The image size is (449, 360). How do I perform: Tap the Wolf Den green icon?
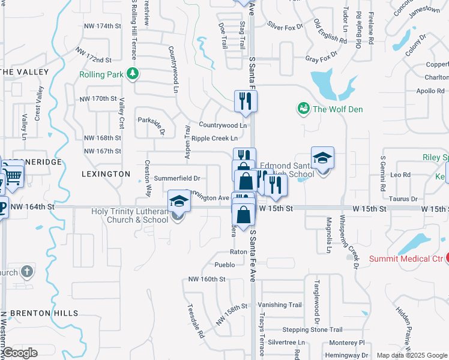point(304,109)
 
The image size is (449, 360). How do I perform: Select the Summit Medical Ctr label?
point(405,259)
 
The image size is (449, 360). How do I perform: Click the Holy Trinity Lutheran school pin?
point(179,202)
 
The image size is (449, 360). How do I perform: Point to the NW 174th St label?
point(104,26)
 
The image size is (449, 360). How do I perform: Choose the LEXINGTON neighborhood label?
point(106,173)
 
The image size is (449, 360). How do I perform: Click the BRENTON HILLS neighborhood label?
point(44,313)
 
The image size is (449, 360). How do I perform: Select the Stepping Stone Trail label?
point(312,329)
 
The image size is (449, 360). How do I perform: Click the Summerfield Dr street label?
point(177,178)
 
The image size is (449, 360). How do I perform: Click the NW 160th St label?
point(206,279)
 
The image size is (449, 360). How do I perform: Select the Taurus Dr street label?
point(402,199)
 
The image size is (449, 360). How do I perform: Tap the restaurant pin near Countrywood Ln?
point(245,101)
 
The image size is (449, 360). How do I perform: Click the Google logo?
point(20,353)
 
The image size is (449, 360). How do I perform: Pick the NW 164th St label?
point(32,206)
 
